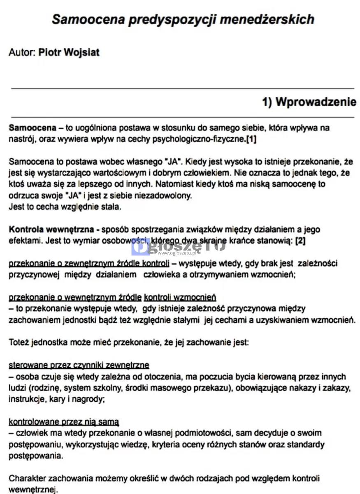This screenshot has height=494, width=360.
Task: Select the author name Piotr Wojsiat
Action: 69,53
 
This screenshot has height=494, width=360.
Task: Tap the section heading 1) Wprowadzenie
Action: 309,102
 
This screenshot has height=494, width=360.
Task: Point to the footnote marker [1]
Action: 251,140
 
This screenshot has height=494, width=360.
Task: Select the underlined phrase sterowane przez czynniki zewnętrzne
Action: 79,365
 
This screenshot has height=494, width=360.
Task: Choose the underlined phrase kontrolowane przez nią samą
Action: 64,422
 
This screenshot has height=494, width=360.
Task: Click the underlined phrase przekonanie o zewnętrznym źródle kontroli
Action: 89,263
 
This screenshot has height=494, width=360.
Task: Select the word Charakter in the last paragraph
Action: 27,478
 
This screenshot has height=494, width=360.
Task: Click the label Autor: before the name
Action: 22,53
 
